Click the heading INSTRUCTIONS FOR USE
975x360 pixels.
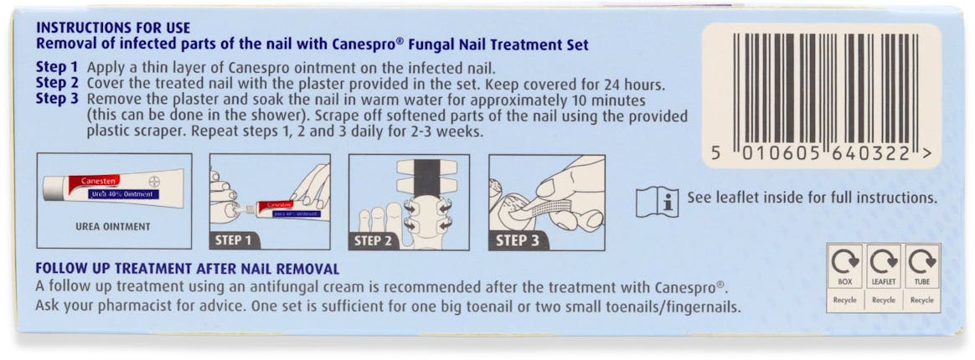pos(113,28)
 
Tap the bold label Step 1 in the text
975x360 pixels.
pos(57,69)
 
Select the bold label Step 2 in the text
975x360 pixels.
pos(57,85)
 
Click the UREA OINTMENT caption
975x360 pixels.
pos(112,227)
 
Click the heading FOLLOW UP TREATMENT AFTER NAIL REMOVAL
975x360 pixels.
pos(187,270)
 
